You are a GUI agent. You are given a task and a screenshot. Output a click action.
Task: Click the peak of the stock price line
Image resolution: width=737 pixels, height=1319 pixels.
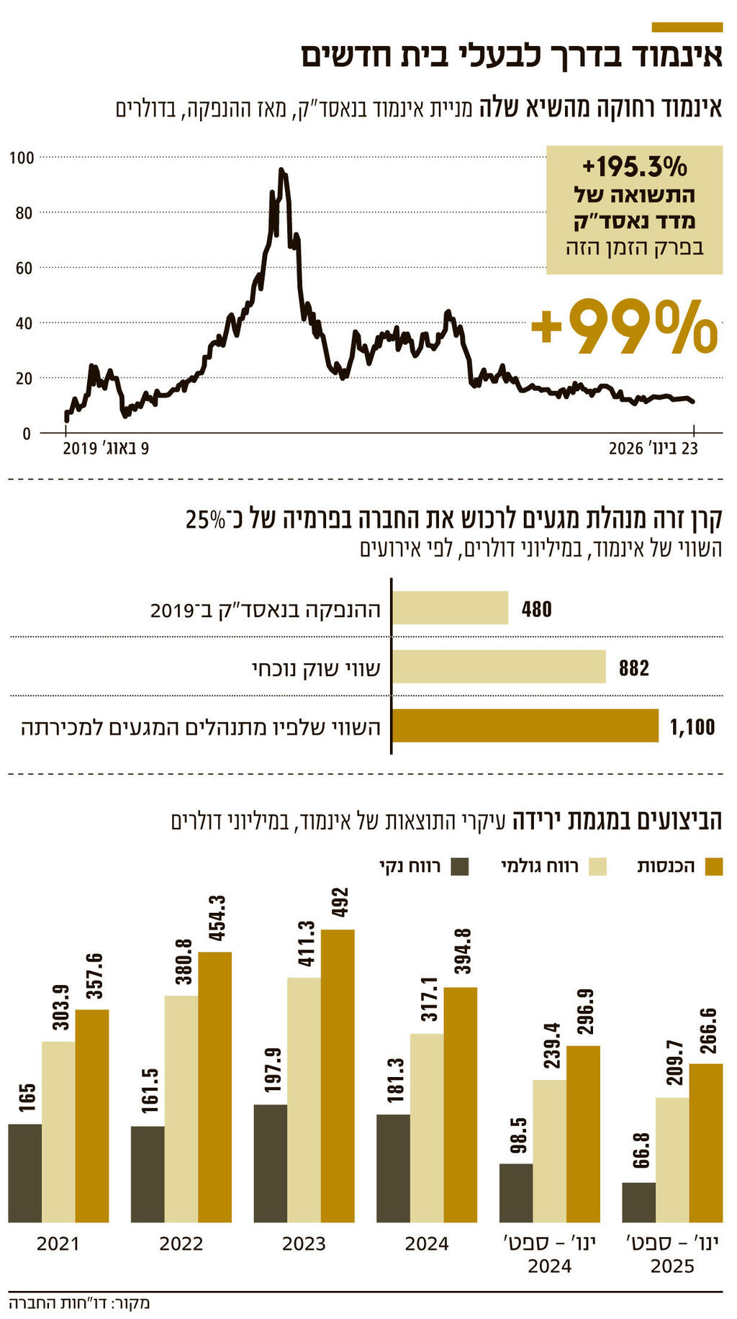(281, 171)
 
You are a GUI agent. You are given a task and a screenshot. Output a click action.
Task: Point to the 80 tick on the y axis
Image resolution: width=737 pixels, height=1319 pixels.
(24, 212)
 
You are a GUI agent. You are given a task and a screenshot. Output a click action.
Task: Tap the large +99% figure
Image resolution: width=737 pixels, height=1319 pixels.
(624, 328)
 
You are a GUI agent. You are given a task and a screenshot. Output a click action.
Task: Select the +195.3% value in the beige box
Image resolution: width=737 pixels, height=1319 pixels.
(634, 167)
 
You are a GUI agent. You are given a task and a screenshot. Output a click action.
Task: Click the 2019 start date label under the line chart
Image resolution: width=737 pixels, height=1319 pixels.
(106, 449)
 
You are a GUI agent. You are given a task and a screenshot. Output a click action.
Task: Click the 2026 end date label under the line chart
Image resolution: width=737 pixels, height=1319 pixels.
(653, 449)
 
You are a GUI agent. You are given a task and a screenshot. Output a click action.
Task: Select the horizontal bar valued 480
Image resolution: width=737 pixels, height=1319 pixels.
(450, 608)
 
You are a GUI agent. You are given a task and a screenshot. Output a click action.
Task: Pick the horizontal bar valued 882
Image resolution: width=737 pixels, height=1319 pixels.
(499, 667)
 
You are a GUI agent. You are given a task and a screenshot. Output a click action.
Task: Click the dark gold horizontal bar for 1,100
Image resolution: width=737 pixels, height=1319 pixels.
(525, 726)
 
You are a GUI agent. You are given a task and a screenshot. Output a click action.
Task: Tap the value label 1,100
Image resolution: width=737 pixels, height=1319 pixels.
(692, 727)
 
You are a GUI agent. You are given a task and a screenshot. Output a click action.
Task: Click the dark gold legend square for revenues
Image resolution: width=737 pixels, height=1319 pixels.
(713, 866)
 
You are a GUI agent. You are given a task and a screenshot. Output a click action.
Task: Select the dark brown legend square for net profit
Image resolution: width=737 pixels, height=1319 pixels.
(460, 866)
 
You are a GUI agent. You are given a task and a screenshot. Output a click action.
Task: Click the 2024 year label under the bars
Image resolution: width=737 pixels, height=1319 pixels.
(426, 1243)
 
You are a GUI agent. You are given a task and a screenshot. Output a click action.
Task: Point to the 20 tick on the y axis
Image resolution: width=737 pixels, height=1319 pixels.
(24, 378)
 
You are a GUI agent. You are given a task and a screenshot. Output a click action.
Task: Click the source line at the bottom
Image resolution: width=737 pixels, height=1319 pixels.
(79, 1302)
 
